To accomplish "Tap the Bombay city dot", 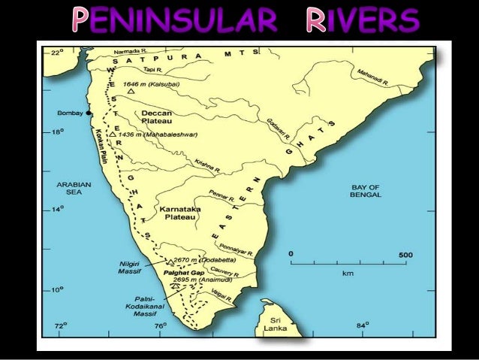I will click(89, 113).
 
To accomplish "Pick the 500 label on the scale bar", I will click(405, 256).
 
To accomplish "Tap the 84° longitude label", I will click(361, 325).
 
